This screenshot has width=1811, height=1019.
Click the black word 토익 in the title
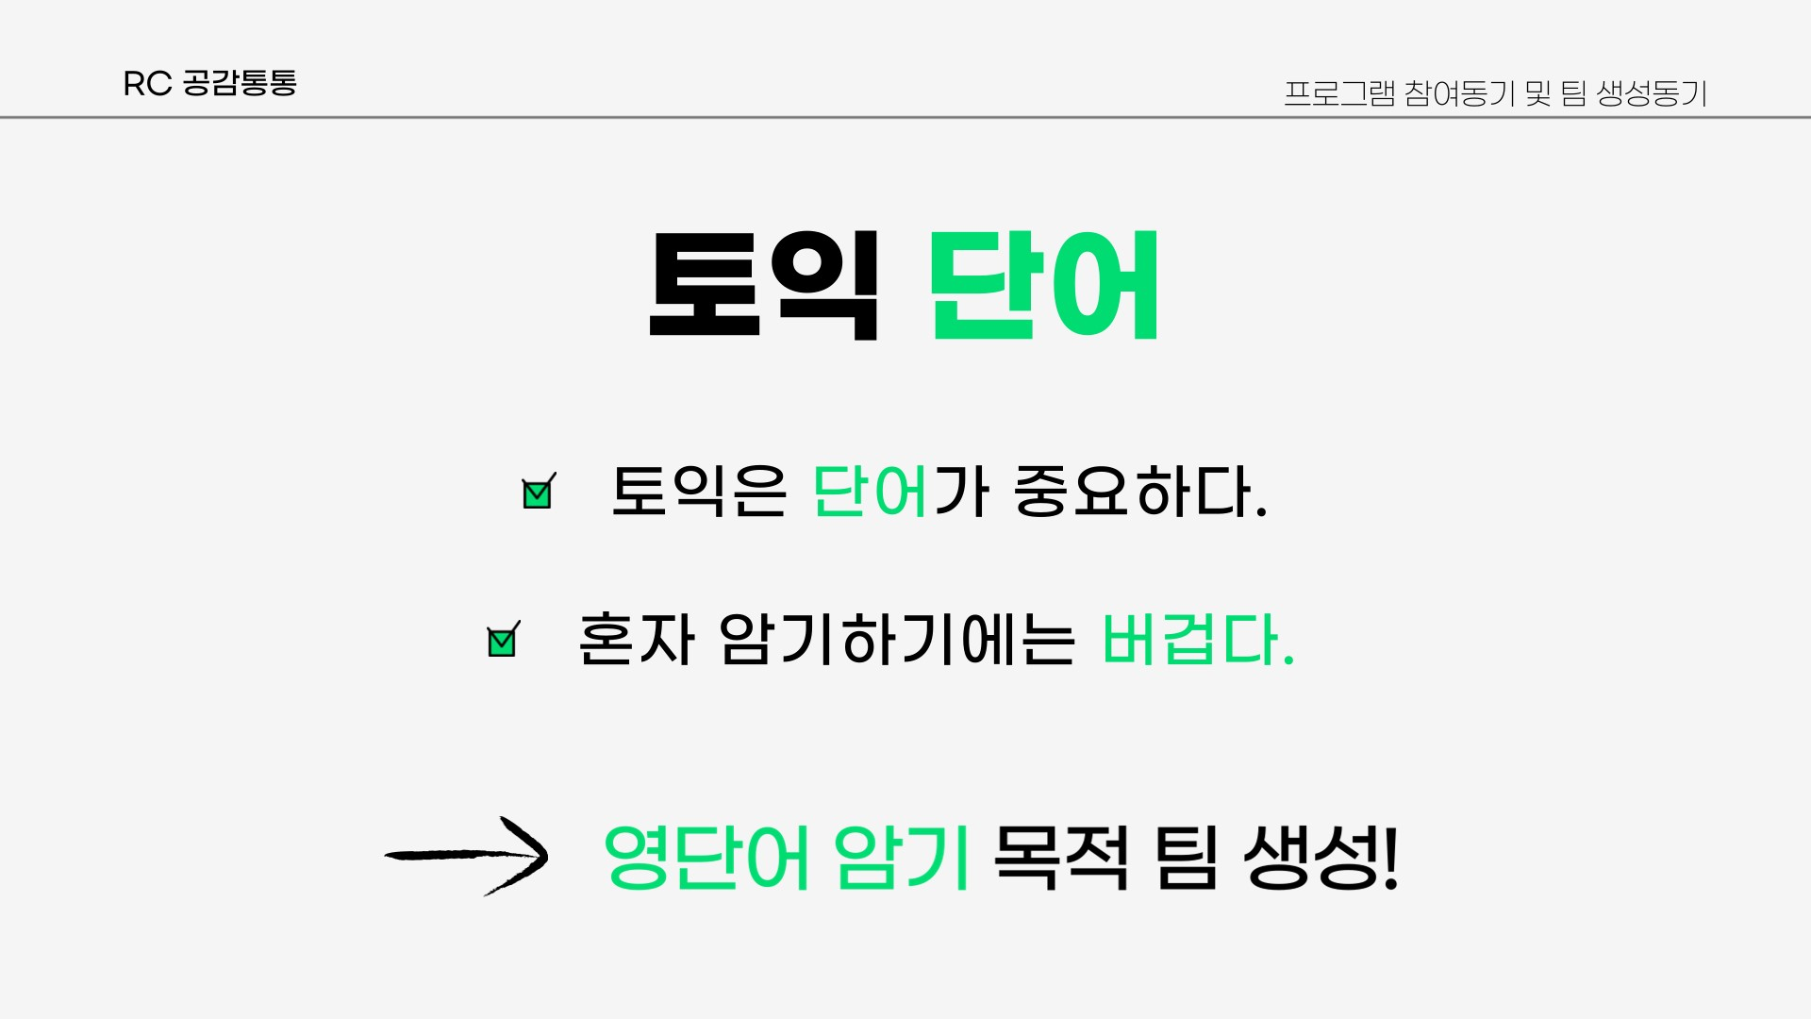(x=764, y=285)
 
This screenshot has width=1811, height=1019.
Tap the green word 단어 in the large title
(x=1044, y=285)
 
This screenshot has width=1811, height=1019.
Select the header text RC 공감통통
(x=209, y=83)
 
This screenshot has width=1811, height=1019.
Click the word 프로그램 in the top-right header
(x=1339, y=93)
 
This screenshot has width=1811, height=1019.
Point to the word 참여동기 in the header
(x=1459, y=93)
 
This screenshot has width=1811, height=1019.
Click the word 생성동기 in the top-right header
(x=1652, y=93)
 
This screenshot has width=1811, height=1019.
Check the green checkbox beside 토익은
(x=539, y=492)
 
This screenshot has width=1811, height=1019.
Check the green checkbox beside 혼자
(x=503, y=640)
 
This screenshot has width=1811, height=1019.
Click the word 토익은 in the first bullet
(x=699, y=491)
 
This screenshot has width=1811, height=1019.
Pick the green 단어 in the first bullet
(x=870, y=491)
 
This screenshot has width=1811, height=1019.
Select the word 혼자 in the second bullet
(x=636, y=639)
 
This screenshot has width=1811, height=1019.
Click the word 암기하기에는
(x=896, y=639)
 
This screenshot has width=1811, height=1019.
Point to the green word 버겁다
(x=1197, y=639)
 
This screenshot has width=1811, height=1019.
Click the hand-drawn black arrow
(x=466, y=855)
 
